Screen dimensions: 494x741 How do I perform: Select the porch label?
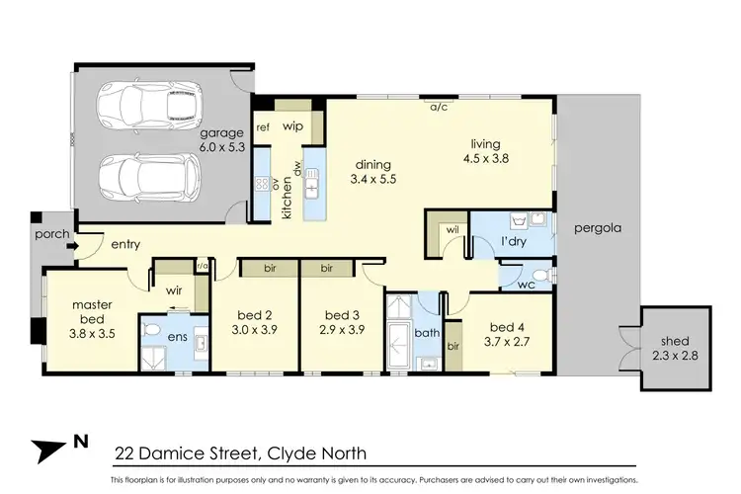pyautogui.click(x=49, y=235)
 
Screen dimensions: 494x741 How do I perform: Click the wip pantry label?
pyautogui.click(x=292, y=126)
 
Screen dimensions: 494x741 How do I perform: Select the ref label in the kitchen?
pyautogui.click(x=263, y=127)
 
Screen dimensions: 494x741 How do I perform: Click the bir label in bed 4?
pyautogui.click(x=453, y=347)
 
